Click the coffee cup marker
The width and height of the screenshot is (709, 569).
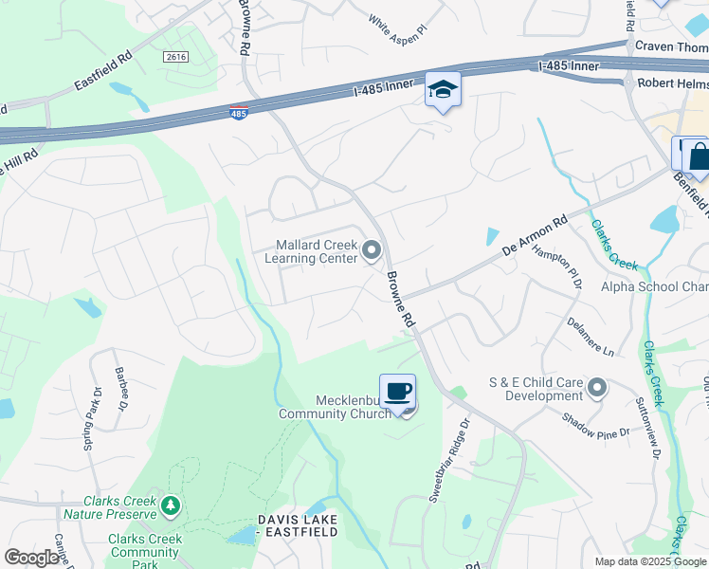coord(398,391)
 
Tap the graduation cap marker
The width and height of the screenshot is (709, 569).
coord(443,89)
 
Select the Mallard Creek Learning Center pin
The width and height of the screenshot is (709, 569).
coord(372,251)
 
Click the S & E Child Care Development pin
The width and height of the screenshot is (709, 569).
coord(597,387)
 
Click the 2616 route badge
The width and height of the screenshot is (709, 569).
coord(175,57)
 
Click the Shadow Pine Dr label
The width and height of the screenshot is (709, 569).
coord(595,426)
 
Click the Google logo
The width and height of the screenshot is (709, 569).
coord(31,558)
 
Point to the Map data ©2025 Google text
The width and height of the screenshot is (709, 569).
coord(650,561)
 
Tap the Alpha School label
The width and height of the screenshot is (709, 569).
coord(654,286)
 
